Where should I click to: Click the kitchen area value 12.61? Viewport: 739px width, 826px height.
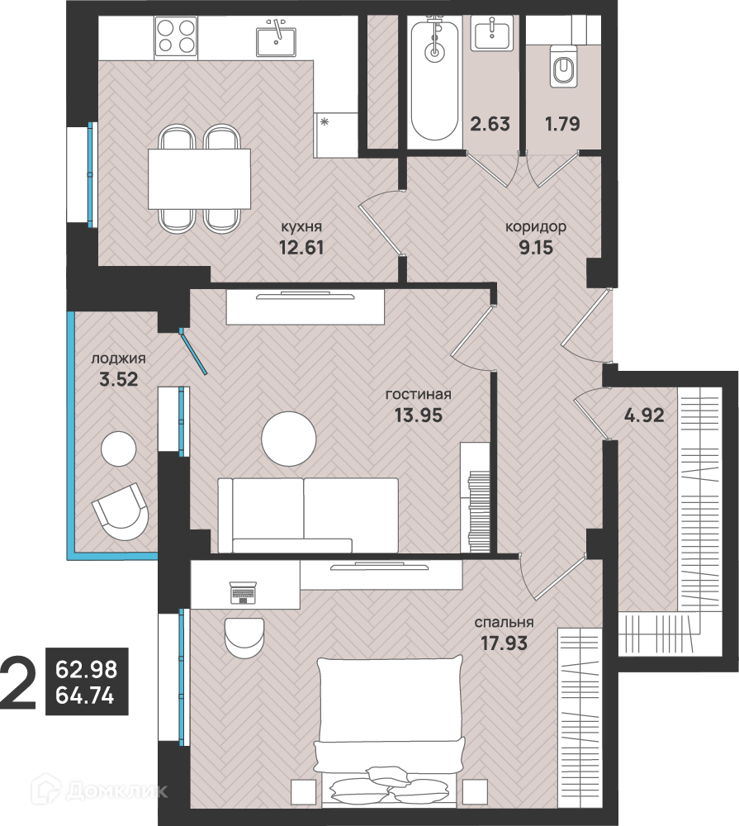coord(301,247)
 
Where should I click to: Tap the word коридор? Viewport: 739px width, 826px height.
coord(536,227)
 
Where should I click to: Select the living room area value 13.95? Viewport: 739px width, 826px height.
coord(419,415)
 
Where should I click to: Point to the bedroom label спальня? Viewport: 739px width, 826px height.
coord(504,622)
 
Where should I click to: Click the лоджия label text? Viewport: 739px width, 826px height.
coord(119,358)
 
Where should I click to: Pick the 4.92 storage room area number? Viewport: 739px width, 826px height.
coord(644,415)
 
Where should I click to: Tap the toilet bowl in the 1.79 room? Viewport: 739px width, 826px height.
coord(564,66)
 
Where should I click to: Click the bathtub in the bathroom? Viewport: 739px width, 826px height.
coord(434,78)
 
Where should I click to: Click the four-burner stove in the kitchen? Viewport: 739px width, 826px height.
coord(175,37)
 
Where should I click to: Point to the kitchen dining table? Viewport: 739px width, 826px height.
coord(199,179)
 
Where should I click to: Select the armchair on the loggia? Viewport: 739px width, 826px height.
coord(121,511)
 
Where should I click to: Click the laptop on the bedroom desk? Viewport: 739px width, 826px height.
coord(243,592)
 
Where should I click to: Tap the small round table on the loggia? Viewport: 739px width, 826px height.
coord(119,449)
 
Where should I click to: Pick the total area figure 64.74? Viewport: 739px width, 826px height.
coord(85,696)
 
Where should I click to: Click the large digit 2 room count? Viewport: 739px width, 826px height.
coord(18,682)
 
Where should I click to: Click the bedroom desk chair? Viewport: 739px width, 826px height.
coord(244,635)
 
